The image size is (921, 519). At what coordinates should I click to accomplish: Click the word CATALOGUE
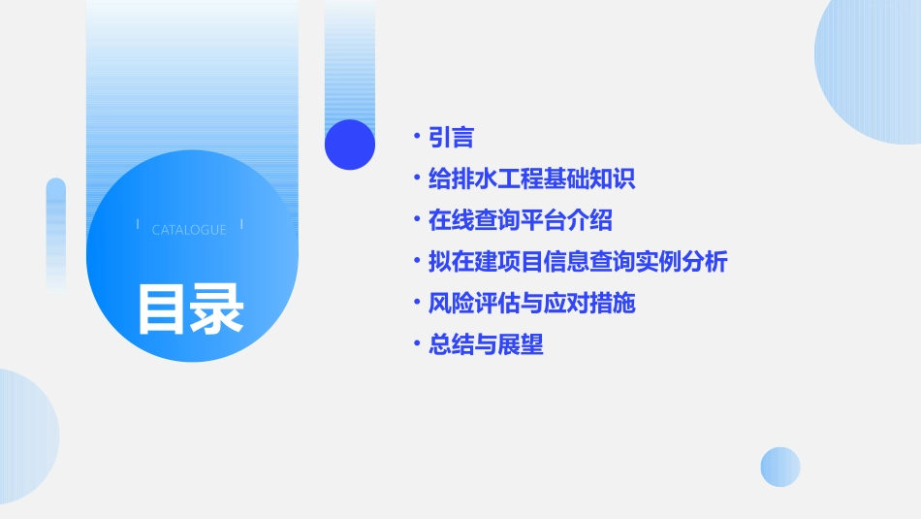189,230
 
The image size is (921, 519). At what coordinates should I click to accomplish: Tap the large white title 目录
190,308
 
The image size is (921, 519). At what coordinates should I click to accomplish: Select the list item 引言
451,138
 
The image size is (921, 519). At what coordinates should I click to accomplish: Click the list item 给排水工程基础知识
531,179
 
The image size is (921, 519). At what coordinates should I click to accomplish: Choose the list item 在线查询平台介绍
520,220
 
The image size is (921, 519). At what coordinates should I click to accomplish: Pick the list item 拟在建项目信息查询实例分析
578,262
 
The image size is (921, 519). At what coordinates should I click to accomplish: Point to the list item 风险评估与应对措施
531,304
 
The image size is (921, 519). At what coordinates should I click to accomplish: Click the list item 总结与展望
486,344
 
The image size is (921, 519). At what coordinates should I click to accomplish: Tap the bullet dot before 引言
417,136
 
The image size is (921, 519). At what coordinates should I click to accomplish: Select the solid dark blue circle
350,145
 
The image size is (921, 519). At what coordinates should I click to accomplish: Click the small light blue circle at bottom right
780,467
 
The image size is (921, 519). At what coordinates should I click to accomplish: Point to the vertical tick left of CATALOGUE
138,225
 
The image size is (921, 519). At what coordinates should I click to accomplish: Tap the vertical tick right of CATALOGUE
241,225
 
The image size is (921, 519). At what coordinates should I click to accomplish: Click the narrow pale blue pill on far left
56,233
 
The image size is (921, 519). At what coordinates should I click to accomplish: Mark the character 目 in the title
162,308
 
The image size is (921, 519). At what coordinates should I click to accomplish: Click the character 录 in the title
217,308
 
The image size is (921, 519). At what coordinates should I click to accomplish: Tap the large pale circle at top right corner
873,68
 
